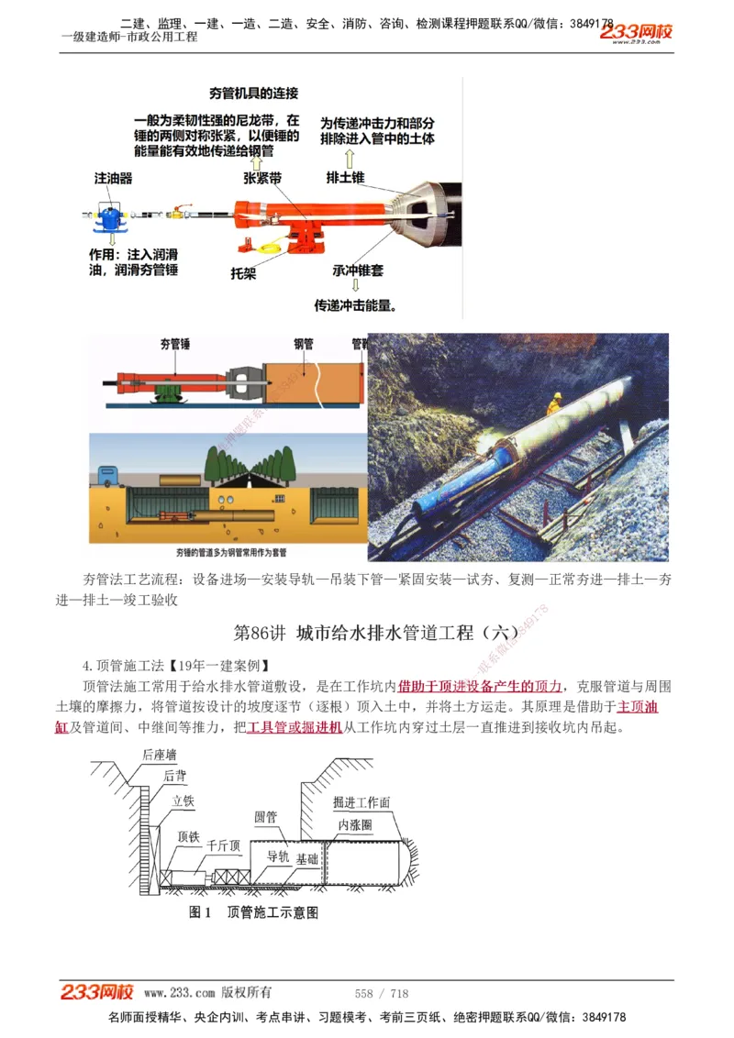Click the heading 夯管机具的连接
tap(253, 94)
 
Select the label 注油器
tap(113, 178)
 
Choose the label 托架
tap(243, 272)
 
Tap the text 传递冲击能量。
tap(356, 305)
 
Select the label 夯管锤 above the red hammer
tap(174, 345)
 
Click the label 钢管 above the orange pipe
tap(304, 345)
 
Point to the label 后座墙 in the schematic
tap(160, 755)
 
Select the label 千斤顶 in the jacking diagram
tap(223, 845)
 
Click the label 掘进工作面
tap(361, 802)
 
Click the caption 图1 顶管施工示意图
tap(253, 911)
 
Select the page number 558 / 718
tap(382, 993)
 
